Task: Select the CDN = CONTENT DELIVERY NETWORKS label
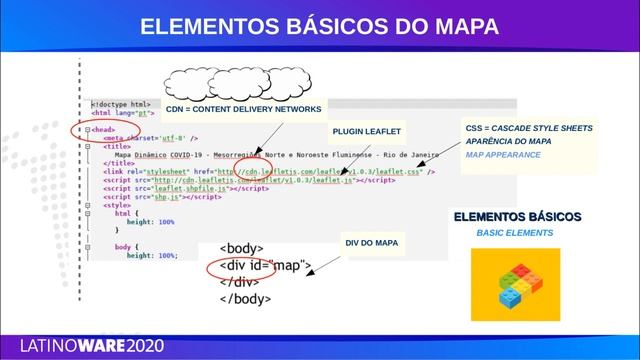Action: [243, 108]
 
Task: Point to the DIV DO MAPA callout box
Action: [371, 243]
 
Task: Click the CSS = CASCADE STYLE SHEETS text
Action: [529, 129]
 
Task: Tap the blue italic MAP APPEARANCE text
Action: [503, 156]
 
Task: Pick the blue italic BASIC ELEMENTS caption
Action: [514, 233]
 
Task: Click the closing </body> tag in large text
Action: [245, 298]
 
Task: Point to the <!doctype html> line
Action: [121, 104]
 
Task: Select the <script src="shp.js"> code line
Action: [161, 197]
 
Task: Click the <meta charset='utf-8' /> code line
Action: [156, 138]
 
